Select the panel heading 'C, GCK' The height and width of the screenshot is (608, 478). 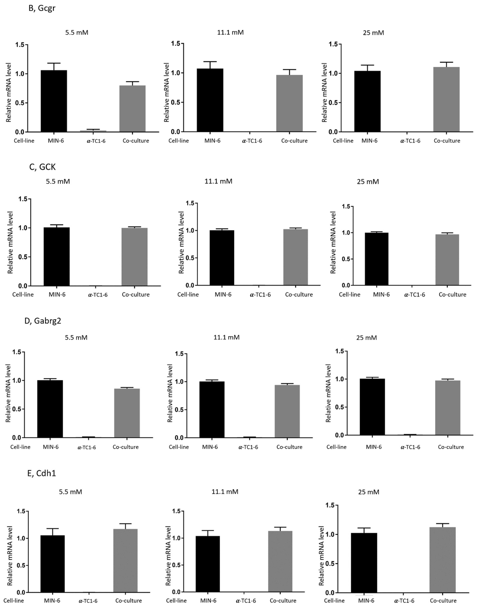pos(42,167)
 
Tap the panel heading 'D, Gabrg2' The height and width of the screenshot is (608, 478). pos(43,321)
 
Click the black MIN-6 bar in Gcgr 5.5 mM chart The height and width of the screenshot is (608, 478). pos(54,101)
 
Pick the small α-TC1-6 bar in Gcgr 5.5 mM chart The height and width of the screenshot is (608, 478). pos(93,131)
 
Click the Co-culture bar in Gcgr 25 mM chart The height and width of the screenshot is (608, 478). pos(446,99)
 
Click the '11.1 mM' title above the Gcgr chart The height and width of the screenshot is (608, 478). pos(230,33)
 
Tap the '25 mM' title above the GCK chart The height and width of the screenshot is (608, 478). pos(368,182)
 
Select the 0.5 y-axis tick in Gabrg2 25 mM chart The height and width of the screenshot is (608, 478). pos(339,407)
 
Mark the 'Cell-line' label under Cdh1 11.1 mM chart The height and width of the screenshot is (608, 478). pos(176,601)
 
